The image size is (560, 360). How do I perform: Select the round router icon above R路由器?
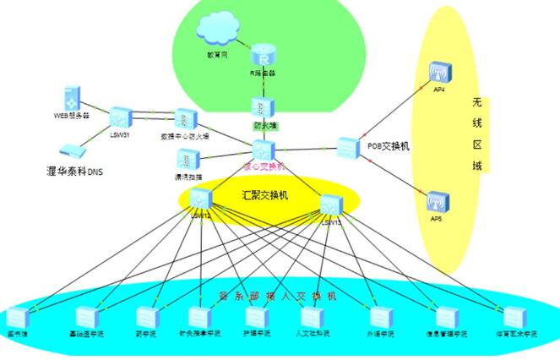point(264,57)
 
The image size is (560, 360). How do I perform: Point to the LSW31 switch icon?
point(121,116)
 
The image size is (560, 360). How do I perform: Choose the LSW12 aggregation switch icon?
point(200,199)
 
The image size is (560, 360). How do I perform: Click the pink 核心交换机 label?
point(264,166)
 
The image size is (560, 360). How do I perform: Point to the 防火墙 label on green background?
point(265,125)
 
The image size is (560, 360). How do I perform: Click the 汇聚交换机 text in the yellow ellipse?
point(265,195)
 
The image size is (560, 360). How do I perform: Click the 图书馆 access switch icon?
point(18,317)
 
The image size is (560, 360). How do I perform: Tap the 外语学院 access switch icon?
point(379,317)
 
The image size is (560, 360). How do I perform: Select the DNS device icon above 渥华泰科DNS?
point(74,150)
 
